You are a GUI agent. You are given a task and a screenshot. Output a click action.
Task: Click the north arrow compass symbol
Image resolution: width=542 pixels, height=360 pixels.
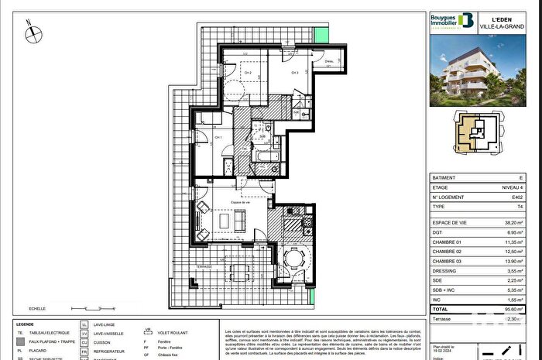(30, 33)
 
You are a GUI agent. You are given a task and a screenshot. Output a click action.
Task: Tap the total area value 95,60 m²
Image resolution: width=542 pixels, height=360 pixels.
(512, 308)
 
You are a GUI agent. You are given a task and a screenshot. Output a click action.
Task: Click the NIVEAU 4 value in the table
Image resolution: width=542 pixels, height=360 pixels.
(512, 187)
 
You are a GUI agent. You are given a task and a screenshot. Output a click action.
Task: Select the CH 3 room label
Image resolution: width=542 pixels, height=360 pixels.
(295, 73)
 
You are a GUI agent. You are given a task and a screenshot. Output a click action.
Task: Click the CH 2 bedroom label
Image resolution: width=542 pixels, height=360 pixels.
(249, 74)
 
